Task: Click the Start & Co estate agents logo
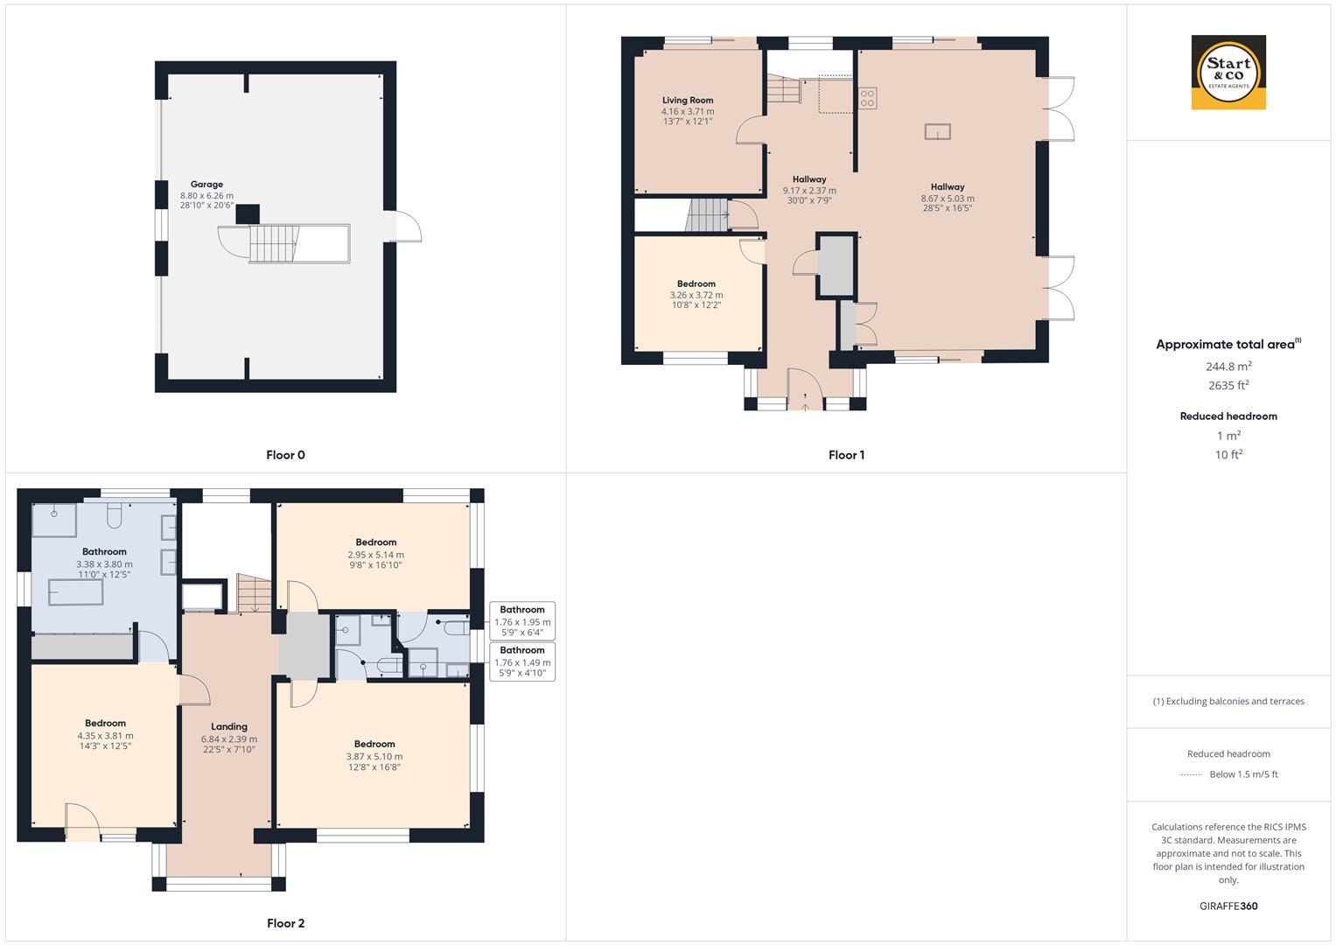click(x=1228, y=73)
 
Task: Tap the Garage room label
click(x=206, y=185)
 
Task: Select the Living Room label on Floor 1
click(x=687, y=101)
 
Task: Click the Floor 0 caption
click(x=285, y=455)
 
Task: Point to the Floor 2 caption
click(x=285, y=923)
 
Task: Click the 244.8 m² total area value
click(x=1228, y=366)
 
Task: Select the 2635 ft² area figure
click(x=1228, y=385)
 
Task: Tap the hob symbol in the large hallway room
click(x=868, y=98)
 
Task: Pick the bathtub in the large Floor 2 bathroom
click(x=75, y=592)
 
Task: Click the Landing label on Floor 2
click(x=229, y=726)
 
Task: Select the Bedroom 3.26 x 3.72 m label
click(x=696, y=284)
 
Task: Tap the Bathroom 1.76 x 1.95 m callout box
click(x=522, y=621)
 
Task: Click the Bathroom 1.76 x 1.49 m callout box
click(x=522, y=662)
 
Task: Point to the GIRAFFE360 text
click(x=1228, y=906)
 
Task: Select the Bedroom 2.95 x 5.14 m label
click(x=376, y=542)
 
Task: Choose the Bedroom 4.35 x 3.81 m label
click(x=105, y=724)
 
